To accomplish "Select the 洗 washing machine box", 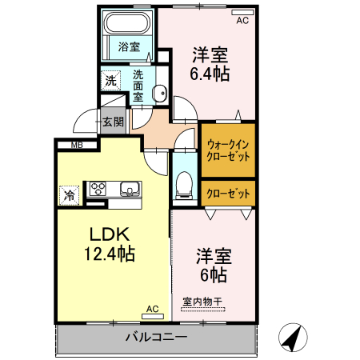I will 110,80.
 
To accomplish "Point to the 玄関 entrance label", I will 113,122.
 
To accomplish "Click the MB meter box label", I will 77,145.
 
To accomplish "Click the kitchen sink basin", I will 130,190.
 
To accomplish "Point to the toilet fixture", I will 182,184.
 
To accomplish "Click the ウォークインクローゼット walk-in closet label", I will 229,150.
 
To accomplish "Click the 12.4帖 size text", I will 110,254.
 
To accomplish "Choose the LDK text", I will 110,235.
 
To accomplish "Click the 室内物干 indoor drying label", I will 202,302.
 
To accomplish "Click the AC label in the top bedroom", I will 242,21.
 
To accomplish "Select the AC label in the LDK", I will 154,309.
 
